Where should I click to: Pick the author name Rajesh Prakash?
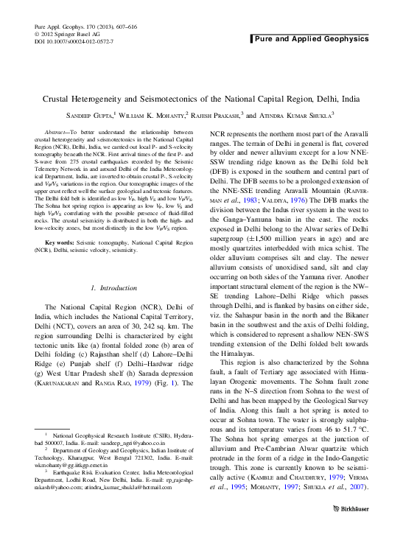coord(218,116)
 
